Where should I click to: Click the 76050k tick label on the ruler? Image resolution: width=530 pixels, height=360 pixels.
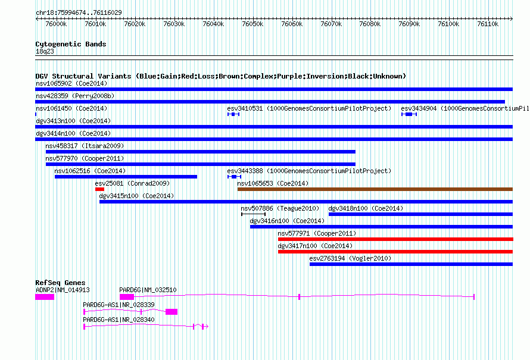pos(252,24)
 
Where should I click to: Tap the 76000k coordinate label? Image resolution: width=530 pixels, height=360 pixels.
pos(56,24)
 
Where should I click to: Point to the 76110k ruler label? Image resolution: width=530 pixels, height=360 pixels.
pos(488,24)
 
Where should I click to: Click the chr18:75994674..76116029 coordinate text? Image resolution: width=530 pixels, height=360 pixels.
pos(79,12)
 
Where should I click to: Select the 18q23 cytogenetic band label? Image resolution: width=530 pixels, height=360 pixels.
pos(45,51)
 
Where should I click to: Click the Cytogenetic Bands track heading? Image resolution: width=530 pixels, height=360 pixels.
pos(71,44)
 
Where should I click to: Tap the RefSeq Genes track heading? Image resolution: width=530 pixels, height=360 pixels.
pos(60,283)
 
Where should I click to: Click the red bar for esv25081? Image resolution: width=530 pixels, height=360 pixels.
pos(99,189)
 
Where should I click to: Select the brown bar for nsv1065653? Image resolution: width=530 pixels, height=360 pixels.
pos(375,189)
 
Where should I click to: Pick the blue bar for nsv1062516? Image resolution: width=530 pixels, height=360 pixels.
pos(126,177)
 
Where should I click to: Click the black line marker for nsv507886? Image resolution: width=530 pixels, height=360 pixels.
pos(254,214)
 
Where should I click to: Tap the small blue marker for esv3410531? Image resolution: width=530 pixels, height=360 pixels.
pos(233,114)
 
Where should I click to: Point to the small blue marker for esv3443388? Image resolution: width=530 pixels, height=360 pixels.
pos(234,177)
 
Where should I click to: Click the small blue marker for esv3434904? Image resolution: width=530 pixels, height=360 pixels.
pos(409,114)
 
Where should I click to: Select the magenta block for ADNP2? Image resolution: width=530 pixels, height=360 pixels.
pos(45,297)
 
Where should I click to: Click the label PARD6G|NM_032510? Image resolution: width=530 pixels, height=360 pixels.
pos(148,290)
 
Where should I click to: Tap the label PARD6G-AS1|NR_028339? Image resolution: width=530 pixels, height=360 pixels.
pos(119,305)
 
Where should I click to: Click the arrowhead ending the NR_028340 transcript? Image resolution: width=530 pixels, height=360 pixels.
pos(207,327)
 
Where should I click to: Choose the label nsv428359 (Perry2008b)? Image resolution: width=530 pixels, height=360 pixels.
pos(75,96)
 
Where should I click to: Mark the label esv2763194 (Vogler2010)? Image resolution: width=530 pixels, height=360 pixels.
pos(350,258)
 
